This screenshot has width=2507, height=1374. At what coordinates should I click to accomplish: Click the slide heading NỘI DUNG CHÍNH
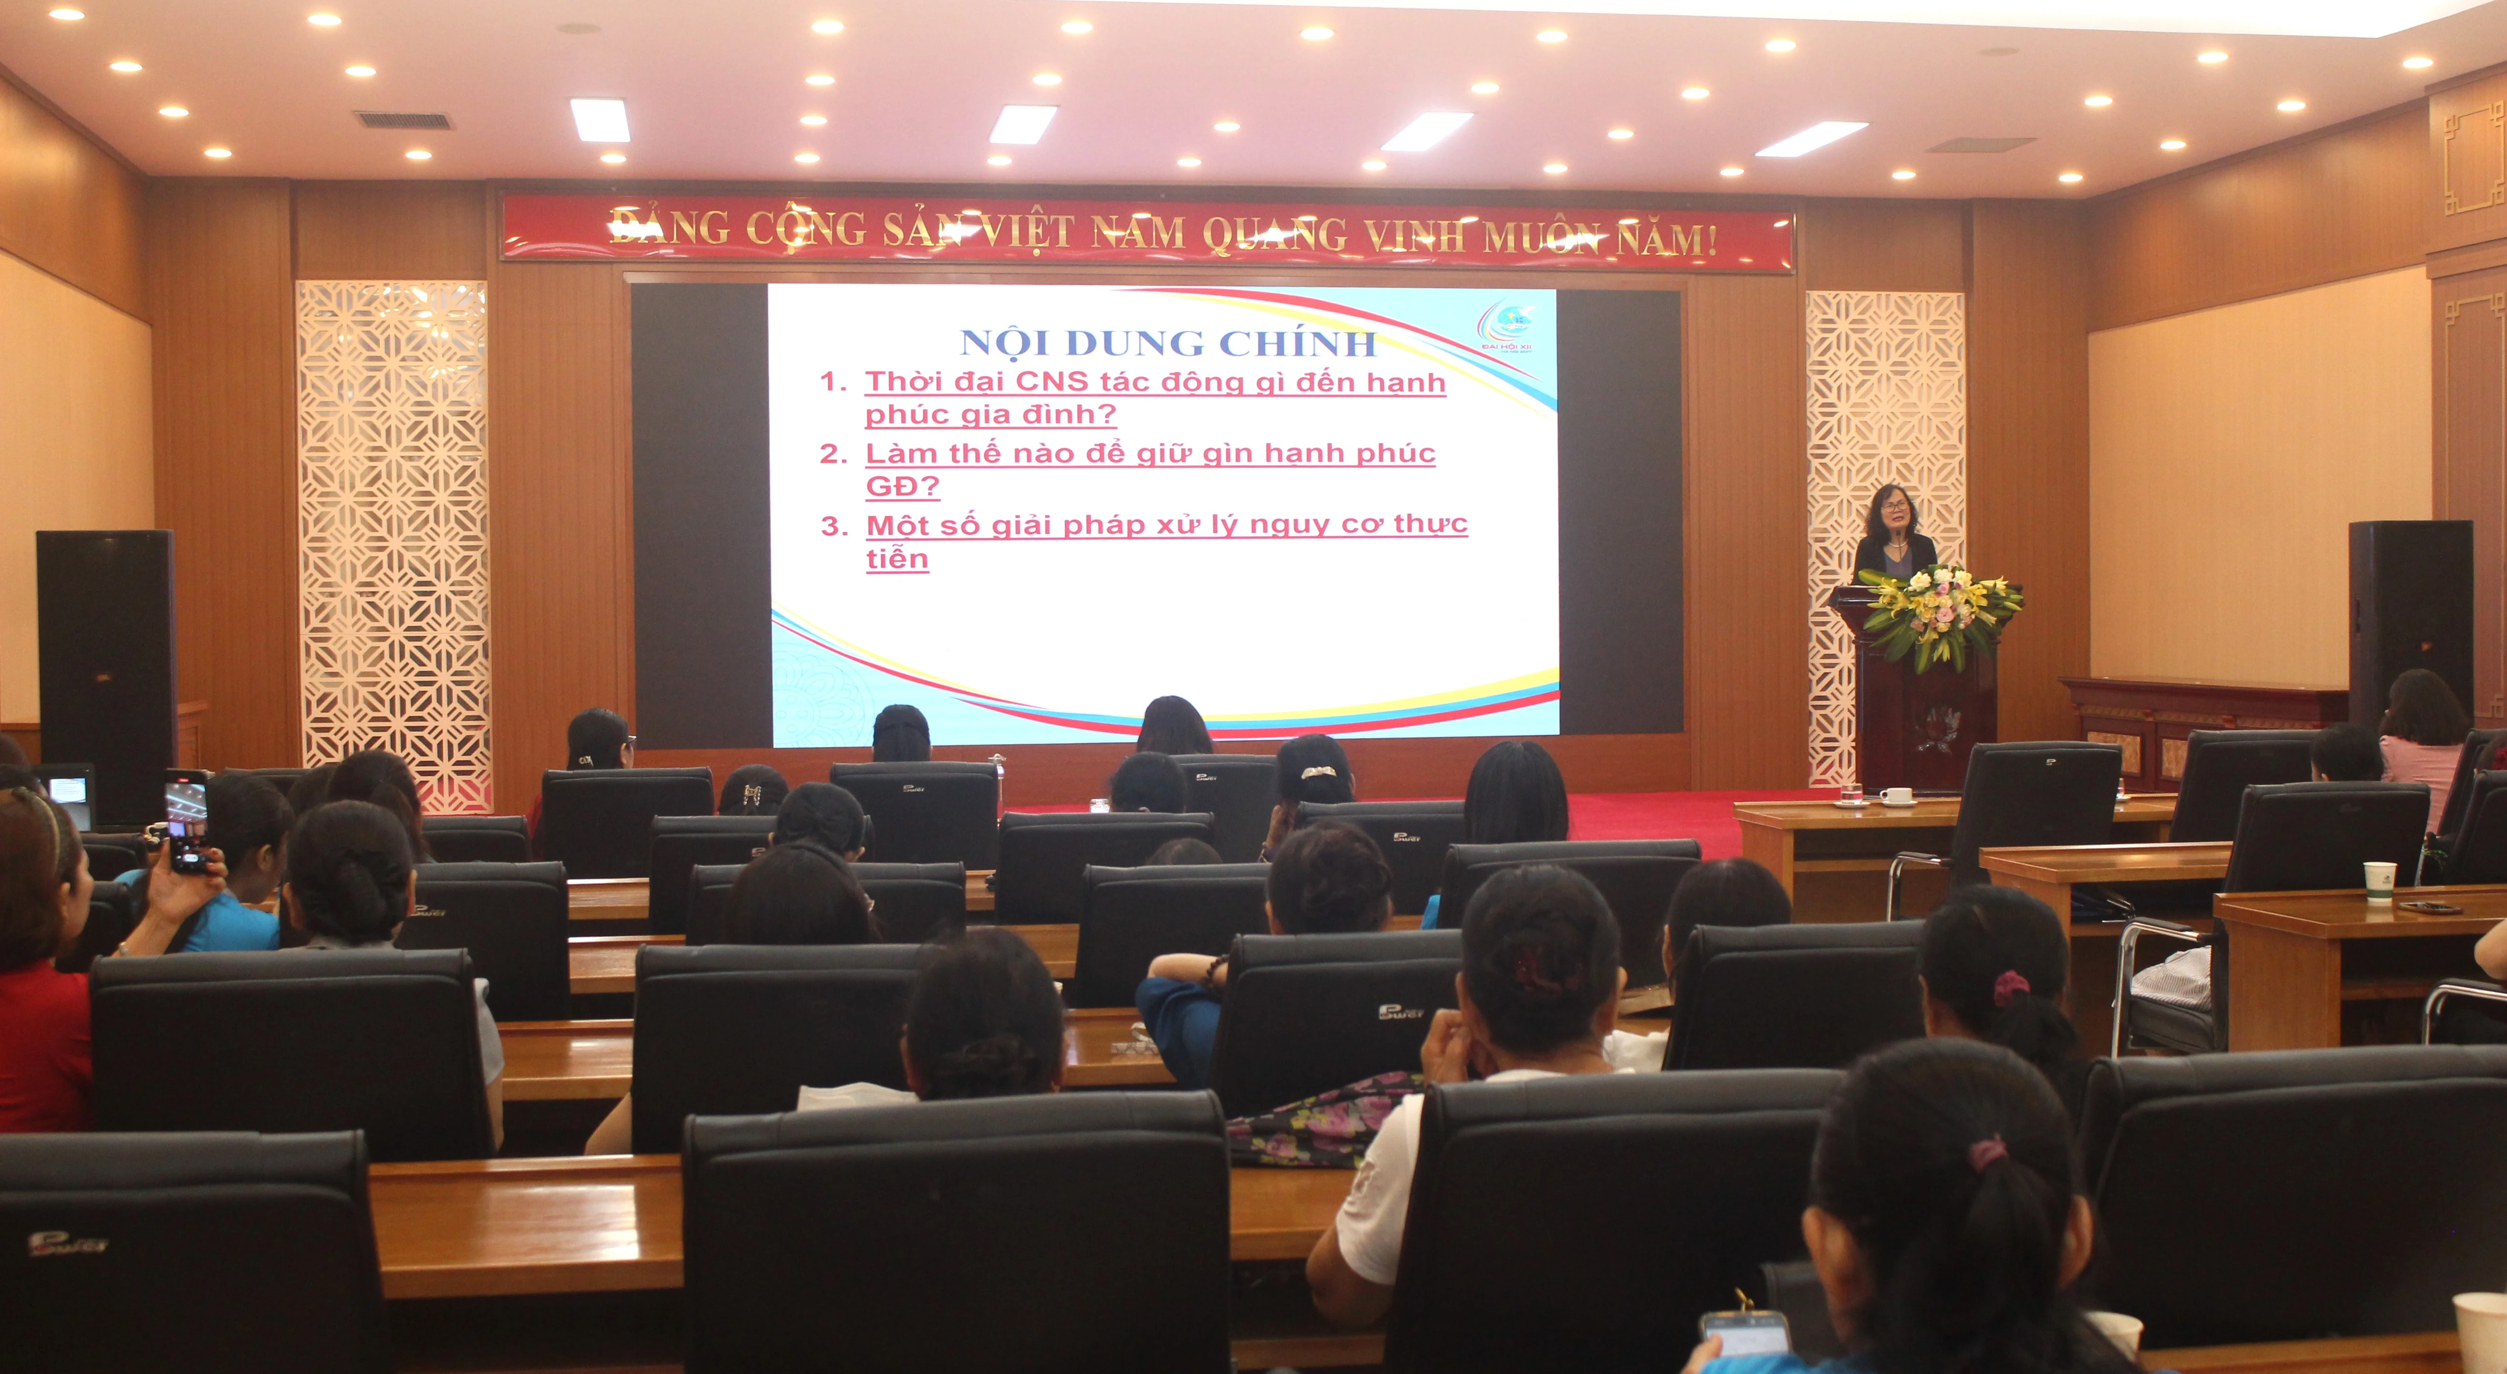[x=1168, y=342]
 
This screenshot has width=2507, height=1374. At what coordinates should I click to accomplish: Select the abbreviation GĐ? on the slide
[x=902, y=486]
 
